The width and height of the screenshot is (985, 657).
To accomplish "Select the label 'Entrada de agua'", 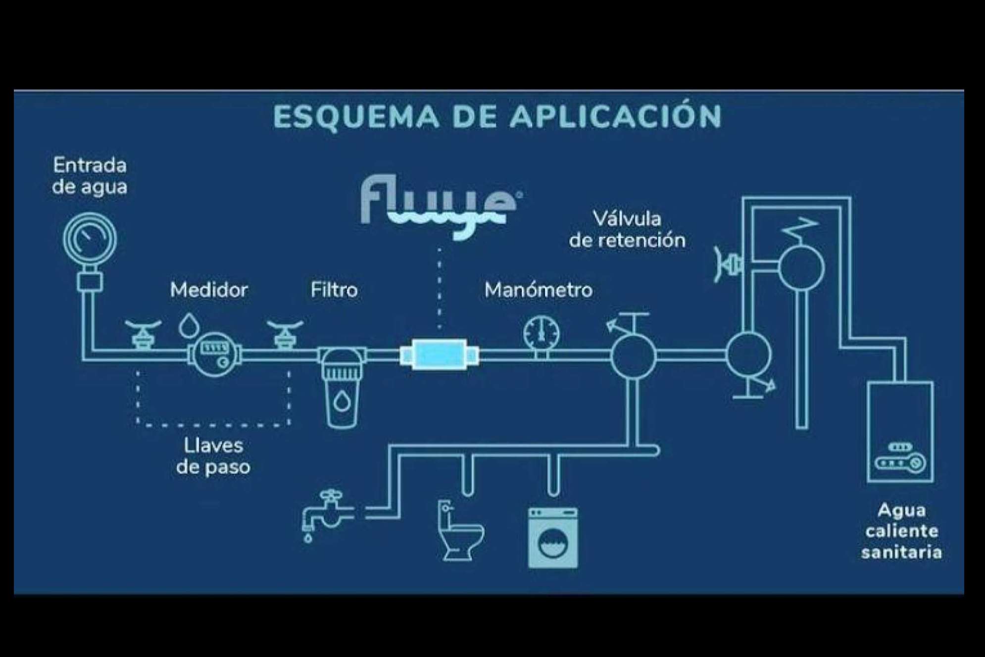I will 90,176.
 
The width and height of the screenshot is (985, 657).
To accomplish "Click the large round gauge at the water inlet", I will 90,239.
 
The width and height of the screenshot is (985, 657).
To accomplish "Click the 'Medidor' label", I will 209,290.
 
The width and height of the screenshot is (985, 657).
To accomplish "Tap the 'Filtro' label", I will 334,290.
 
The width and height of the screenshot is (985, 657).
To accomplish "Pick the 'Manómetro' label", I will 538,290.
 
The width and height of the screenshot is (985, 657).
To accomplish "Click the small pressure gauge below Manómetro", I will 541,334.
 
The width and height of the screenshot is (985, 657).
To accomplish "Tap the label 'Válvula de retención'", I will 627,230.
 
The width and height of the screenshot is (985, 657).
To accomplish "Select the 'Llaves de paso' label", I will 213,456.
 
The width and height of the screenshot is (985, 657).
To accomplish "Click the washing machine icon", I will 552,537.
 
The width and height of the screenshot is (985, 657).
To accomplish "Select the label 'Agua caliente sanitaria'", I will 901,531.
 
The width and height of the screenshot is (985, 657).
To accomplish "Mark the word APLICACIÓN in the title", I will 616,117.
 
